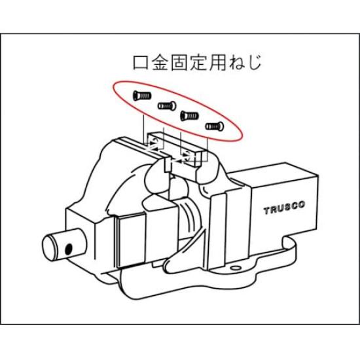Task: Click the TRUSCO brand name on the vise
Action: pos(285,210)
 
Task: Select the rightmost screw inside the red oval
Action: pos(214,126)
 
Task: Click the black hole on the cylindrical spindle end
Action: pos(67,249)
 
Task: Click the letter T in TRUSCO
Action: pos(266,211)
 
